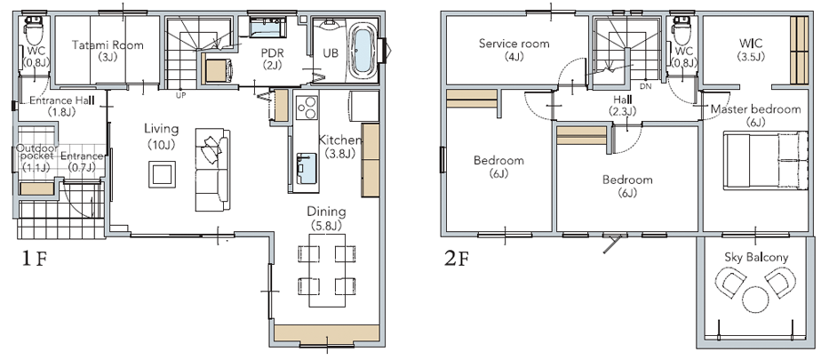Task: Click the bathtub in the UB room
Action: coord(363,51)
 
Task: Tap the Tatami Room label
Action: coord(108,45)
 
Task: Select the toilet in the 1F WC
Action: coord(35,31)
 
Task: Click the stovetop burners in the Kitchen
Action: coord(307,108)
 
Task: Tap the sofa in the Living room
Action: coord(212,170)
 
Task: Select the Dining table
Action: coord(327,269)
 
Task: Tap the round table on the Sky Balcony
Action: coord(755,300)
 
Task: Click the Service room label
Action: coord(514,44)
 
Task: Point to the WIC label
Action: coord(751,42)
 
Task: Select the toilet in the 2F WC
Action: coord(683,31)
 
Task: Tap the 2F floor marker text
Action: coord(458,259)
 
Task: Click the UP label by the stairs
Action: coord(180,96)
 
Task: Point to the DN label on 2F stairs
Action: coord(646,85)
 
